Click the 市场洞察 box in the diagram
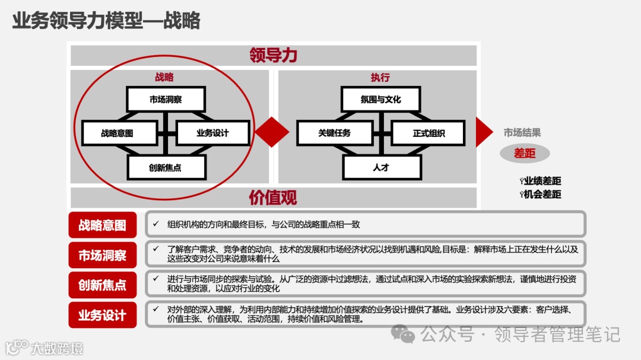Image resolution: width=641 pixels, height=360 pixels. (x=166, y=99)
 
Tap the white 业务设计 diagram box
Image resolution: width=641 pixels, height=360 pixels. (x=212, y=133)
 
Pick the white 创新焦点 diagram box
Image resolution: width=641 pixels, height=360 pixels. (x=166, y=167)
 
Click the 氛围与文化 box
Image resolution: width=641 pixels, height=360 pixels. (x=380, y=99)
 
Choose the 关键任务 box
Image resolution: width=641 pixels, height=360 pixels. (x=334, y=133)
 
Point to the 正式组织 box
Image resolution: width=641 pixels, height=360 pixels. (x=429, y=133)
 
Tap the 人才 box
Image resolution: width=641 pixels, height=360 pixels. (x=380, y=167)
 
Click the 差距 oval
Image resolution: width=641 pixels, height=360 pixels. (x=525, y=154)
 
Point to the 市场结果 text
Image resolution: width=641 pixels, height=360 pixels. (x=522, y=133)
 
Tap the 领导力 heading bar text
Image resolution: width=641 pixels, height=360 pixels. (x=274, y=56)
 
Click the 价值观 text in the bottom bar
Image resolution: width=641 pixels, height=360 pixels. (x=274, y=197)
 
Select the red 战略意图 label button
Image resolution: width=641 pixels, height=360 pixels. (x=102, y=225)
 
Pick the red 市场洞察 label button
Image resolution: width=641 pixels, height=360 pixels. (x=102, y=255)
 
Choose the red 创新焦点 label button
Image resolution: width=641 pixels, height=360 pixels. (x=102, y=285)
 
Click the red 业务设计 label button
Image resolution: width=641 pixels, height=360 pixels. (x=102, y=315)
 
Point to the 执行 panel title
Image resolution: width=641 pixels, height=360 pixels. (x=380, y=78)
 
